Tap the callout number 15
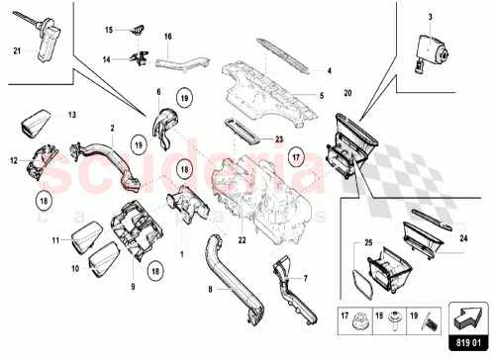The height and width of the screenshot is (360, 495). pos(111,32)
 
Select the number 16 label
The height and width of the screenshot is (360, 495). pos(168,37)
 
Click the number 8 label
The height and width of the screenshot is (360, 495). pos(198,290)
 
